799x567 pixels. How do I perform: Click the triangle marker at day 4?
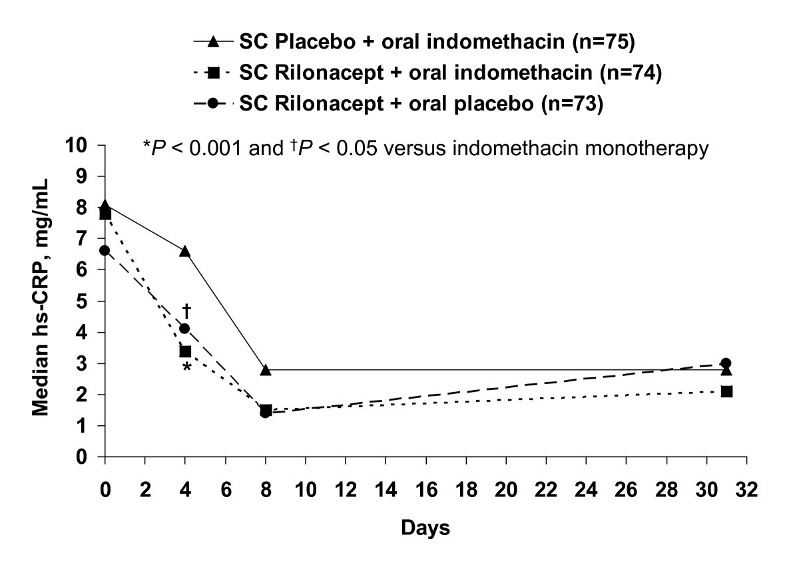pyautogui.click(x=185, y=251)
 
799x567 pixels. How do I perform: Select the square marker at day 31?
pyautogui.click(x=726, y=391)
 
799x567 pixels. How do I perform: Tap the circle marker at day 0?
pyautogui.click(x=105, y=250)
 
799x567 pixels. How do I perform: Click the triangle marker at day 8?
pyautogui.click(x=266, y=369)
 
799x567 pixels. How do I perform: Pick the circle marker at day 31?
pyautogui.click(x=726, y=363)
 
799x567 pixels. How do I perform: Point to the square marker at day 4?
pyautogui.click(x=185, y=351)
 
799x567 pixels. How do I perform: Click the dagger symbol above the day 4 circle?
pyautogui.click(x=186, y=310)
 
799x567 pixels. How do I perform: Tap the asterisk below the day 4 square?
pyautogui.click(x=187, y=367)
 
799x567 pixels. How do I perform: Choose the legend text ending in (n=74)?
pyautogui.click(x=449, y=74)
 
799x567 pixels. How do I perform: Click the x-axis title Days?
pyautogui.click(x=425, y=528)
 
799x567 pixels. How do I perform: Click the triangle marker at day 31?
pyautogui.click(x=726, y=369)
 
